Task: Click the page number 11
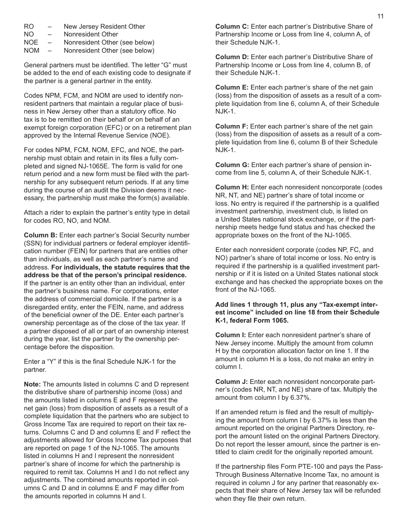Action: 380,16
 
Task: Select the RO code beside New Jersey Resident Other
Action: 29,27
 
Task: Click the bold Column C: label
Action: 232,27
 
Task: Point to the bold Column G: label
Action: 232,165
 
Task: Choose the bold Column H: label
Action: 232,187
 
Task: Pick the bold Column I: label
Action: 231,335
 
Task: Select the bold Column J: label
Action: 232,382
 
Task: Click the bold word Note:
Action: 32,384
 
